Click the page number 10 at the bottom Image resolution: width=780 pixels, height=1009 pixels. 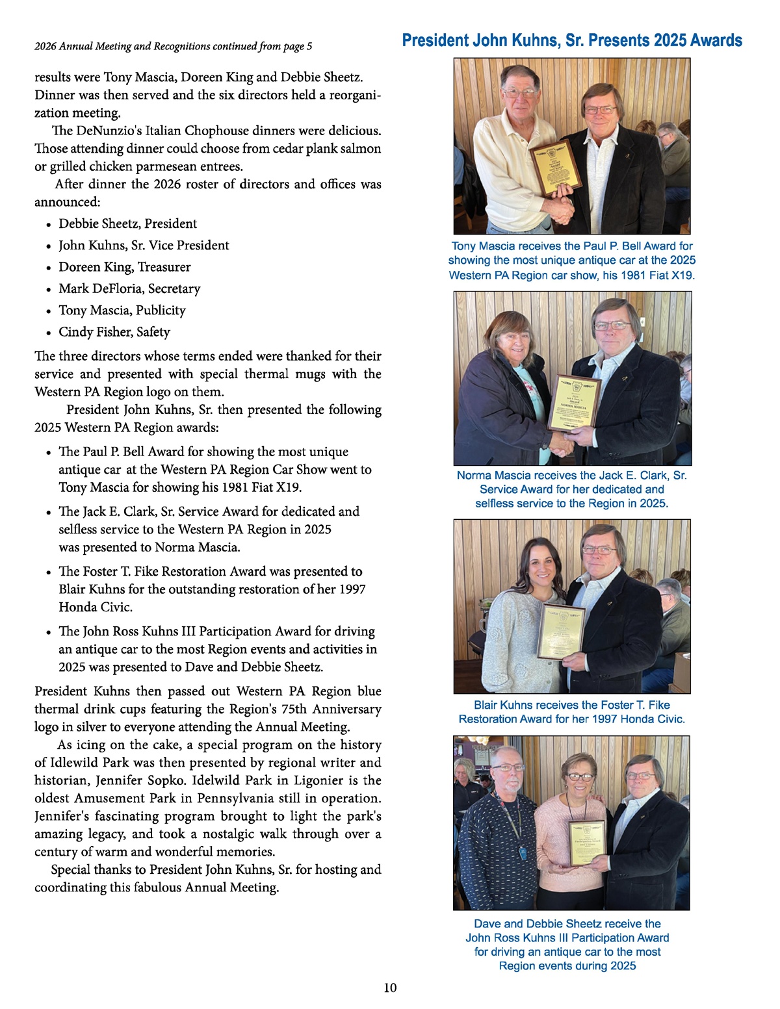click(390, 988)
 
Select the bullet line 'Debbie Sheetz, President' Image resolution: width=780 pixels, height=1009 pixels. click(127, 224)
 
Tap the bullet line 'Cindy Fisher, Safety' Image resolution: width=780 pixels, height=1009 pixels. click(114, 331)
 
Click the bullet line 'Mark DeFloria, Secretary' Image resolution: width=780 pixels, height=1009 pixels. click(129, 288)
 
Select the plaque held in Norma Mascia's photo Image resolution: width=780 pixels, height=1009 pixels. click(573, 403)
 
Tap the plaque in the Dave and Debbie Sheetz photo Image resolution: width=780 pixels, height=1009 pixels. click(588, 843)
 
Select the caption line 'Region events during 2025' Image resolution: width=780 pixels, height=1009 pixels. click(567, 965)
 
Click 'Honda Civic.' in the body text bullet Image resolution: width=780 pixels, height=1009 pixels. click(96, 607)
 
